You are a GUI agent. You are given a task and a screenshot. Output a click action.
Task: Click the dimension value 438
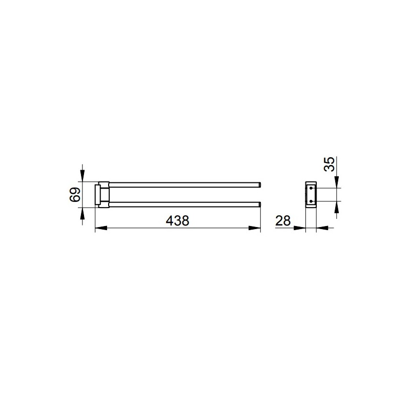pos(177,221)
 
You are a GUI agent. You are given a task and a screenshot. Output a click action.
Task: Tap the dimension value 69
pos(75,195)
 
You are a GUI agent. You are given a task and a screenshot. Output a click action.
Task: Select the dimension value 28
pos(283,221)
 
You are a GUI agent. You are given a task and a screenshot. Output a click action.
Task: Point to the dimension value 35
pos(329,164)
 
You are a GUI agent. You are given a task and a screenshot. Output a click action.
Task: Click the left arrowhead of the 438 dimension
pos(101,228)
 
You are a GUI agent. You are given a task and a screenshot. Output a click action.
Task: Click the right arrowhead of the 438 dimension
pos(254,228)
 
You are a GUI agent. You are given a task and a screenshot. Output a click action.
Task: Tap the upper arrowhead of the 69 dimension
pos(83,175)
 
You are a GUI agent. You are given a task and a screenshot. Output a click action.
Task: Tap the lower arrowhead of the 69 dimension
pos(83,214)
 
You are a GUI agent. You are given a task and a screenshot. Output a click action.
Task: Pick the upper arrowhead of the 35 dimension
pos(337,182)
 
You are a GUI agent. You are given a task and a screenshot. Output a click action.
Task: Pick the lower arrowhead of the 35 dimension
pos(337,208)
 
